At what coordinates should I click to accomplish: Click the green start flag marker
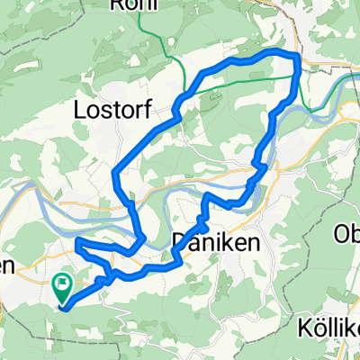click(x=63, y=287)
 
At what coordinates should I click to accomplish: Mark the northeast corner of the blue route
click(x=295, y=57)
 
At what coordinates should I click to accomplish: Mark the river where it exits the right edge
click(x=357, y=76)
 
